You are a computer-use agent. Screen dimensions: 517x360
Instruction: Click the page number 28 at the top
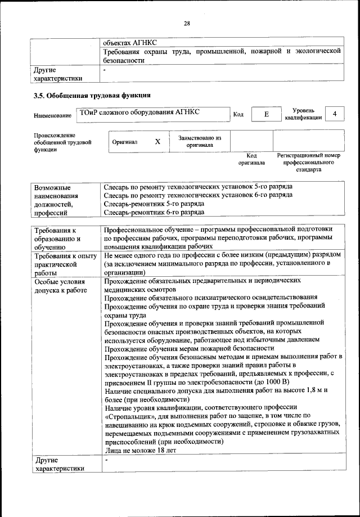coord(187,23)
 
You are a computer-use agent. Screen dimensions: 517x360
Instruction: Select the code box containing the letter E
coord(266,114)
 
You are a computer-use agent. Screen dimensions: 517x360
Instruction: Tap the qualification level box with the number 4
coord(335,114)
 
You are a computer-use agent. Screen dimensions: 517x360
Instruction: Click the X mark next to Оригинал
coord(157,142)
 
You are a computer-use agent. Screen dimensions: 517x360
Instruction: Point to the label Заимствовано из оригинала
coord(200,141)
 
